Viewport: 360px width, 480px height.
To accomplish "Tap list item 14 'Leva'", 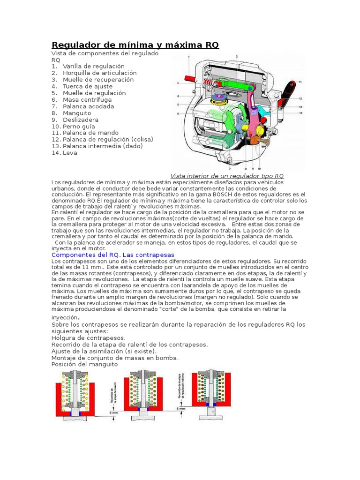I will (70, 153).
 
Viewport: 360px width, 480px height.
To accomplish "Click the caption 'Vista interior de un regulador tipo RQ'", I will (227, 175).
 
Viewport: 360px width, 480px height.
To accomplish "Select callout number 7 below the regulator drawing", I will (230, 168).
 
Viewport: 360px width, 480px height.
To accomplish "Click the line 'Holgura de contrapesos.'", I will (89, 337).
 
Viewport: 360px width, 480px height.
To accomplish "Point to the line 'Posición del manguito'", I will (85, 364).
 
